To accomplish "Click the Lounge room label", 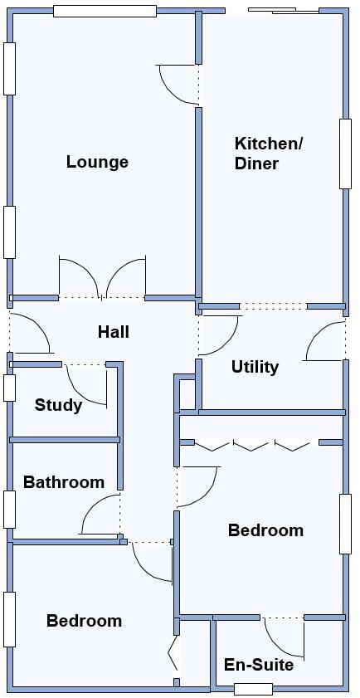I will [97, 162].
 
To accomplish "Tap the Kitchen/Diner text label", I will [268, 154].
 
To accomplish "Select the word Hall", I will [114, 332].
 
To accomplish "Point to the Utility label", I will [255, 367].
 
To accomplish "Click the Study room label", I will [58, 405].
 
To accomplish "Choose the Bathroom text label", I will [64, 482].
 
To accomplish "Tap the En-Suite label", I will [259, 665].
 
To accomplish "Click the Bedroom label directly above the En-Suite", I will [265, 530].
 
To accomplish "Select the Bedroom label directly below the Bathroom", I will [84, 621].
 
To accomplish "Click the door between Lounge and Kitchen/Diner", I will [176, 85].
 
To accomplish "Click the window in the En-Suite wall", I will [253, 688].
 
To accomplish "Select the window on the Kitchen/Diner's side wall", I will [345, 154].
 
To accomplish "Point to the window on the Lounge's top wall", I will [105, 11].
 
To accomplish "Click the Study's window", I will [9, 388].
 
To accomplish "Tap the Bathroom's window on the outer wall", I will [9, 510].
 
